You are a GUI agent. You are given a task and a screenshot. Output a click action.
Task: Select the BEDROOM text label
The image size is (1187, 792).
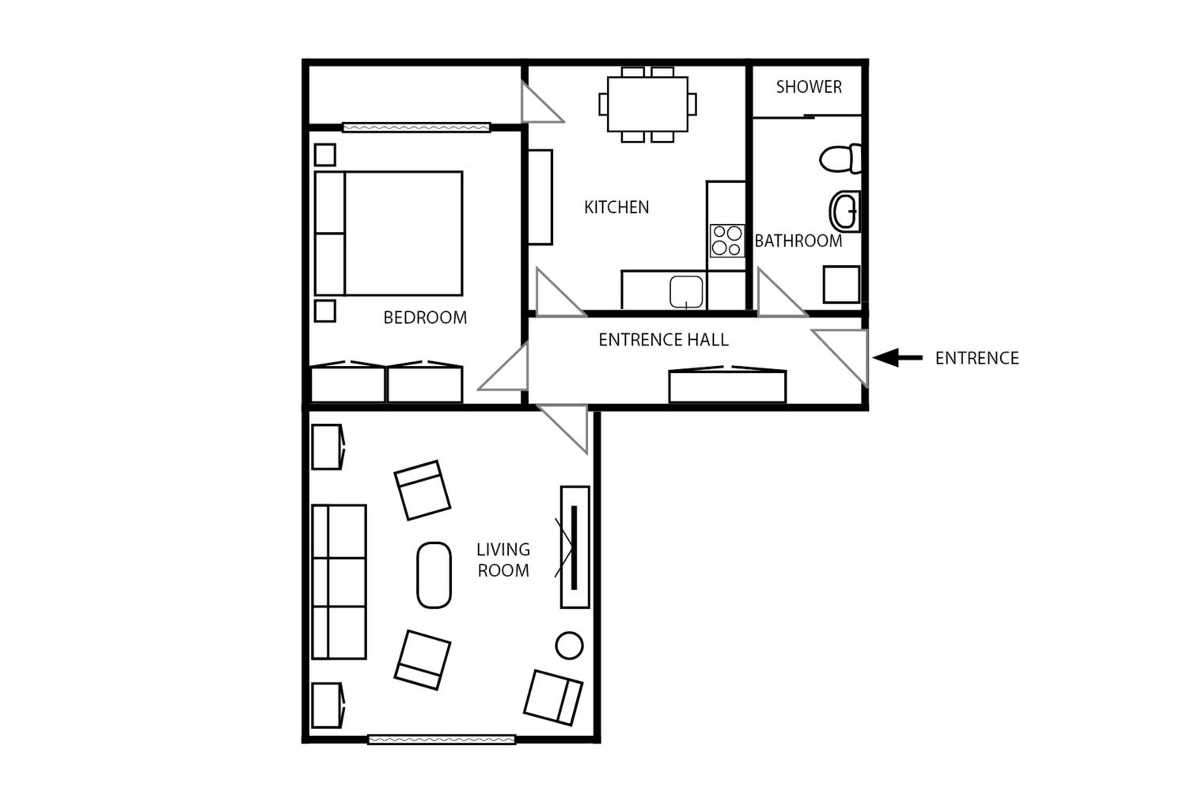(425, 317)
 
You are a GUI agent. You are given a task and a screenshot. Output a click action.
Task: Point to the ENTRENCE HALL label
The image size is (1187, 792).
(663, 339)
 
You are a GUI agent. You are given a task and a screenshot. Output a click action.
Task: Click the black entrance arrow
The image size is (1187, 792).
(897, 358)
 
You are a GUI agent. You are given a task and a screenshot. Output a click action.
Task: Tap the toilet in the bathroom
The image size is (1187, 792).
(840, 159)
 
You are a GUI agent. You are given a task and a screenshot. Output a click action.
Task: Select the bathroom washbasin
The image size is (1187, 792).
(845, 211)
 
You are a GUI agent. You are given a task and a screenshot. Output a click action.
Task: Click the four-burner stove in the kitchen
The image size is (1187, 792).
(727, 240)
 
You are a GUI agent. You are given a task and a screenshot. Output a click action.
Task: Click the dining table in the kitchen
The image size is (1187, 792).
(647, 104)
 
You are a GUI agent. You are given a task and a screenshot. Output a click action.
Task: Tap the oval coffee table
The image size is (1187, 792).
(434, 575)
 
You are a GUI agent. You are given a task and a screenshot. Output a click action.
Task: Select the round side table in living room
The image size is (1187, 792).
(569, 645)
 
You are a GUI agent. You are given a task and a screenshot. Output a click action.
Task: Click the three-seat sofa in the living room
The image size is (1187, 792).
(339, 581)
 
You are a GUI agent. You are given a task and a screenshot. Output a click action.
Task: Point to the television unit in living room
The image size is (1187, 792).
(575, 547)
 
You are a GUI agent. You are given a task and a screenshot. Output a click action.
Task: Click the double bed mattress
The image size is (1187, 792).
(403, 233)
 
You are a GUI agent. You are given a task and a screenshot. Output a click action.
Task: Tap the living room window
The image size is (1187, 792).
(442, 739)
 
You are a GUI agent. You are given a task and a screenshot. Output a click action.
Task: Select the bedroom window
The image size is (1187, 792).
(416, 127)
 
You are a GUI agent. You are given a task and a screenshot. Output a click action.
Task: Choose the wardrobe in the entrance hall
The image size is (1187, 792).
(727, 385)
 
